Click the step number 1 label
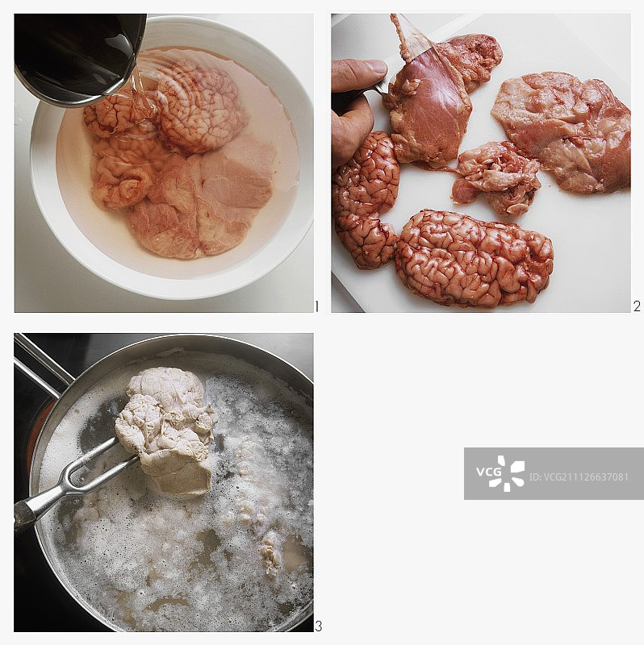tap(317, 306)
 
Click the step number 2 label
tap(637, 306)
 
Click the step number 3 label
tap(318, 626)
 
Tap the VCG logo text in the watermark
tap(489, 472)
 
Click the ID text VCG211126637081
tap(579, 476)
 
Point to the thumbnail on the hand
tap(374, 68)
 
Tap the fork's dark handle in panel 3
tap(25, 515)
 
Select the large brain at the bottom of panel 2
tap(474, 257)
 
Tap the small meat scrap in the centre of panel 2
tap(496, 177)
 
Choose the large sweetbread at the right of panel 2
tap(562, 131)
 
